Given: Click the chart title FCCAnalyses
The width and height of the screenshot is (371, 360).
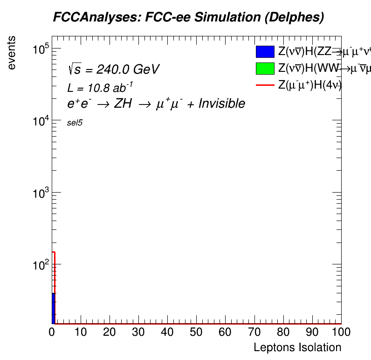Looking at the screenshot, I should (x=188, y=18).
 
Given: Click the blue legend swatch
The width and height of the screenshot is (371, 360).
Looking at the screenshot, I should (x=264, y=52).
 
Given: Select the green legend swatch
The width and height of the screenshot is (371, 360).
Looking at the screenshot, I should (x=264, y=68).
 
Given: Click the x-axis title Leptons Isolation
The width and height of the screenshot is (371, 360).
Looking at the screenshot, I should (x=297, y=347).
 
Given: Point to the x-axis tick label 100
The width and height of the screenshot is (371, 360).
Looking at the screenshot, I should (x=341, y=332).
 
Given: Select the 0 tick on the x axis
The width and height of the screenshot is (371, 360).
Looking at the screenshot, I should (x=52, y=332).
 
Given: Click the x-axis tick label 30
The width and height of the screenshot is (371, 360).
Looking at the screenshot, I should (x=138, y=332).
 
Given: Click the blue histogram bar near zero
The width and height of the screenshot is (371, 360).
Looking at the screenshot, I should (x=54, y=308).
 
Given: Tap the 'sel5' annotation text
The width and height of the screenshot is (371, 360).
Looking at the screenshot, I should (x=75, y=123).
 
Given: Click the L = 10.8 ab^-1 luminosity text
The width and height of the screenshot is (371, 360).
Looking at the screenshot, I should (x=101, y=88).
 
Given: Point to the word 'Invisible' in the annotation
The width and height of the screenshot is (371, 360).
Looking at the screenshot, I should (x=222, y=104).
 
